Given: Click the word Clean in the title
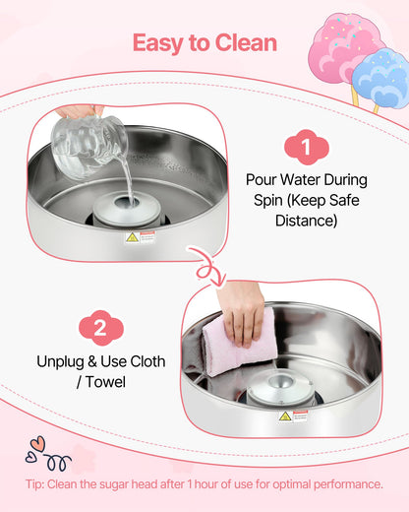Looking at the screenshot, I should pyautogui.click(x=242, y=43).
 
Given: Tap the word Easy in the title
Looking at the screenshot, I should pyautogui.click(x=157, y=43).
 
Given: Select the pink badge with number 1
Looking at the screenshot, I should pyautogui.click(x=305, y=148).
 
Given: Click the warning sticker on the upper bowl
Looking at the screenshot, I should pyautogui.click(x=132, y=237).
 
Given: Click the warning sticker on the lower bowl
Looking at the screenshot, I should pyautogui.click(x=285, y=416).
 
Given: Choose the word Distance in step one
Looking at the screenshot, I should pyautogui.click(x=306, y=221).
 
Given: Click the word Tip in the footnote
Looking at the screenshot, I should pyautogui.click(x=38, y=483).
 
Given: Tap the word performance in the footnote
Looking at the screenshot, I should pyautogui.click(x=342, y=483).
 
